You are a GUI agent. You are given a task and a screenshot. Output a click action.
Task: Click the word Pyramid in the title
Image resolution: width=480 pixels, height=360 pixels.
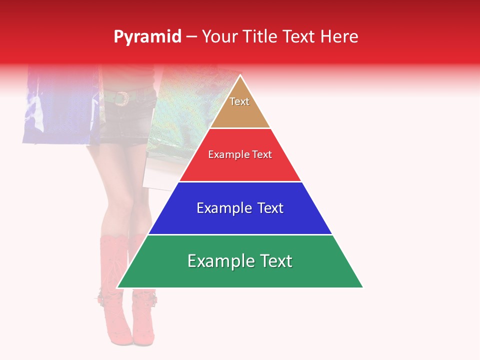147,37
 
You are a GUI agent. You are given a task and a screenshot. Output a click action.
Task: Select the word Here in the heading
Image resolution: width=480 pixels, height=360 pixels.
339,37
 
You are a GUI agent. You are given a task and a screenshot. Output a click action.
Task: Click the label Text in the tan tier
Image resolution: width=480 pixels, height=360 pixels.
239,101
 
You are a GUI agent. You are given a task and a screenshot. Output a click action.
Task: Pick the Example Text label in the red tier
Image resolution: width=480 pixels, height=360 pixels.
240,154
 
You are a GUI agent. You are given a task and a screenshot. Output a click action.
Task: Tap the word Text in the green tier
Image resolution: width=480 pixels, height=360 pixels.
275,261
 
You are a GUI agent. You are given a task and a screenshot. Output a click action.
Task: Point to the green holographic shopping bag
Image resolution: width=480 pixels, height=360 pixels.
185,110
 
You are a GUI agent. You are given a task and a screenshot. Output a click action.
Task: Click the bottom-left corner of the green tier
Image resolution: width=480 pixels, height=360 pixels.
118,287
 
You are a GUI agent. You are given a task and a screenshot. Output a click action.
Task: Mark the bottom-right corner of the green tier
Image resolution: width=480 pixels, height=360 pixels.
362,287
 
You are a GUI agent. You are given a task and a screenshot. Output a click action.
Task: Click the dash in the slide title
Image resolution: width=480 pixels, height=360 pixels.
191,37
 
